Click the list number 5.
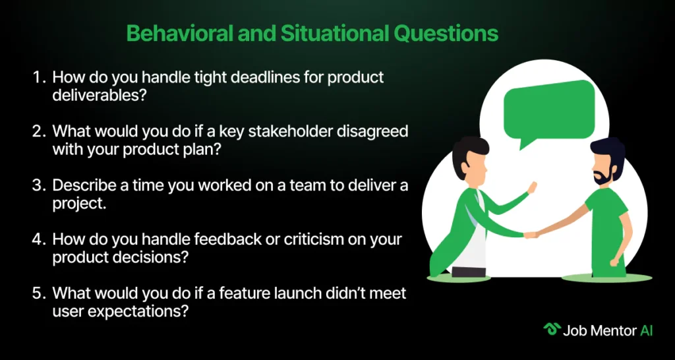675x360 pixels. (x=38, y=293)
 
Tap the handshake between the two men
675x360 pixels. (x=532, y=235)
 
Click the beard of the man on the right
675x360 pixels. (x=602, y=176)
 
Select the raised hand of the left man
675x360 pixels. (x=533, y=188)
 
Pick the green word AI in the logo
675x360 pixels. (x=647, y=330)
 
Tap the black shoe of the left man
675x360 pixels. (x=469, y=272)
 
